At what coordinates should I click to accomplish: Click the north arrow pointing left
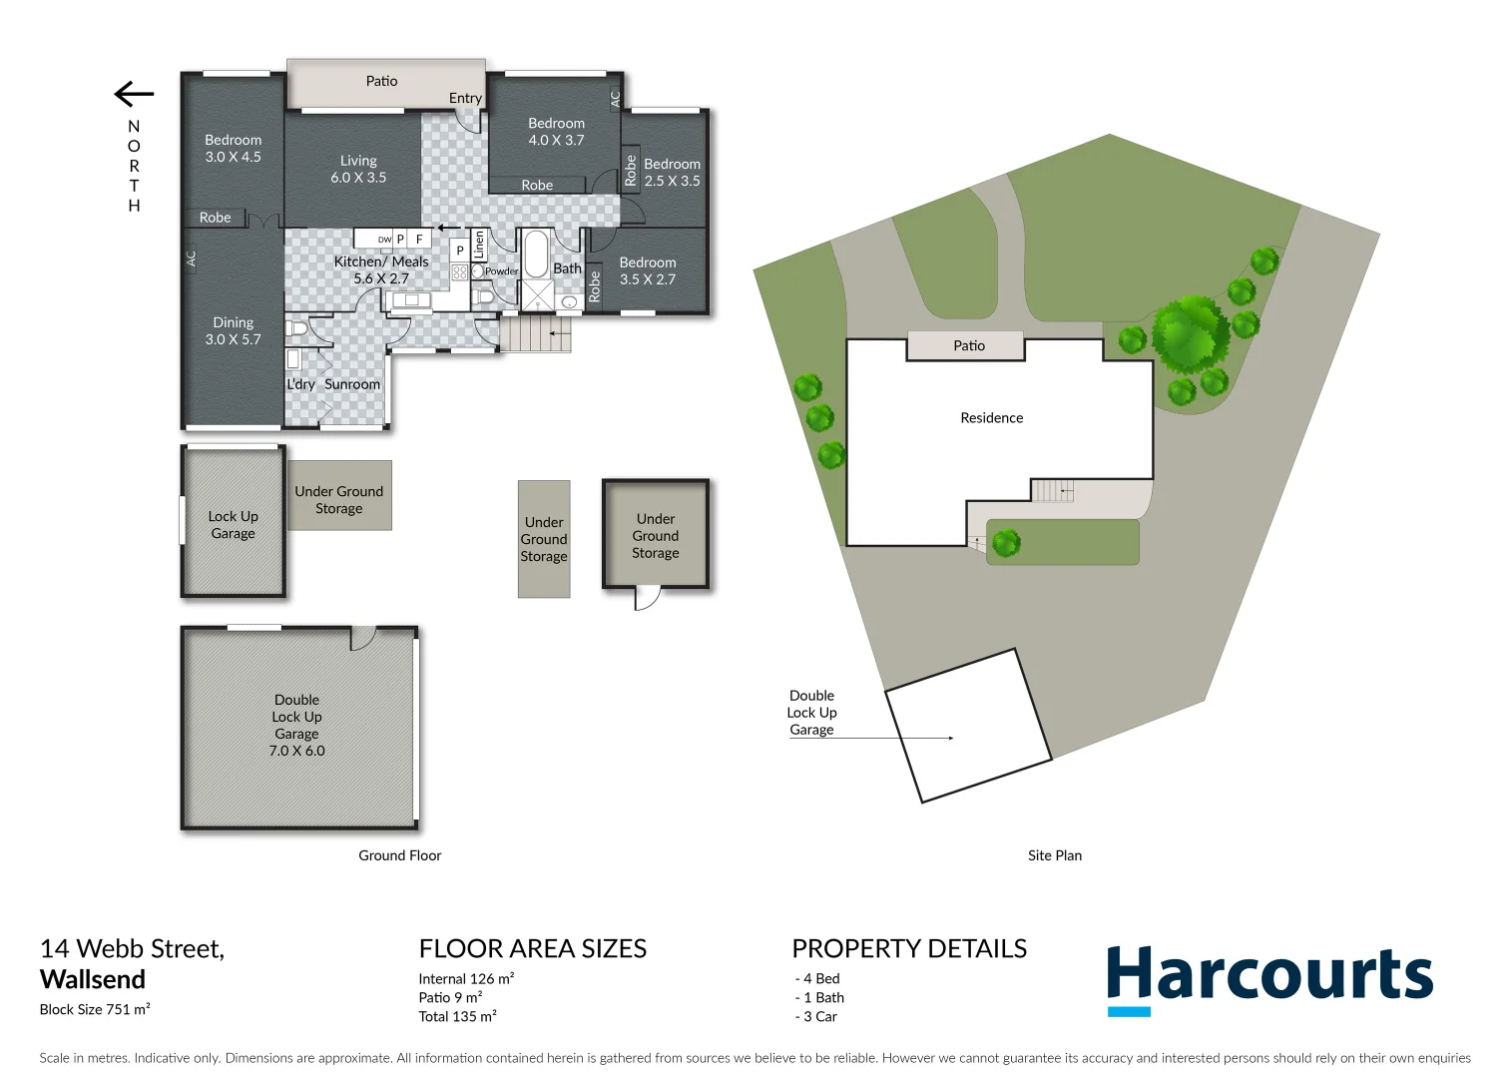coord(134,95)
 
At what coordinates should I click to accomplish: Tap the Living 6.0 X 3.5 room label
coord(358,169)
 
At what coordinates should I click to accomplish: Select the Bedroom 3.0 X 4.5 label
coord(233,148)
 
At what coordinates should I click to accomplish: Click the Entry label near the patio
coord(465,98)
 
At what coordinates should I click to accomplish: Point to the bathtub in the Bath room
coord(536,255)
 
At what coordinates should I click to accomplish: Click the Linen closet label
coord(478,245)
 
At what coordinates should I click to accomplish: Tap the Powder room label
coord(500,270)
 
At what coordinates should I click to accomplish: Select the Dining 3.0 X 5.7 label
coord(233,330)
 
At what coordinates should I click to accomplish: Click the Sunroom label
coord(352,384)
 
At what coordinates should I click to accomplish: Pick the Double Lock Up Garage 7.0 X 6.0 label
coord(296,725)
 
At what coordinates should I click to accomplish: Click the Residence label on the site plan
coord(991,418)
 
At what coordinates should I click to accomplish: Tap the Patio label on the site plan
coord(968,345)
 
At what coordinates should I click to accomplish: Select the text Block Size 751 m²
coord(95,1009)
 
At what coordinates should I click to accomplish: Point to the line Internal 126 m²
coord(466,978)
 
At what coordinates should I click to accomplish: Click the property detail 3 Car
coord(818,1016)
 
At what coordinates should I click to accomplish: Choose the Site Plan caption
coord(1054,855)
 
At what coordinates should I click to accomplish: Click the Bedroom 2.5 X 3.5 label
coord(672,172)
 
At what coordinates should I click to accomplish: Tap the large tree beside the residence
coord(1190,333)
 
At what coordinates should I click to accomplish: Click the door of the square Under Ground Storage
coord(648,598)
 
